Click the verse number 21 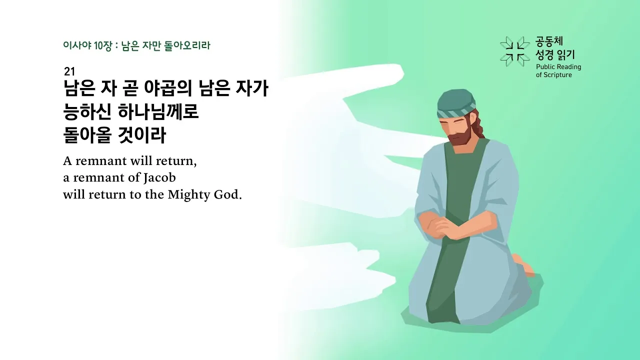[69, 71]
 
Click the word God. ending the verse [228, 194]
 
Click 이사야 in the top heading [74, 45]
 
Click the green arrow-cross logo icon [514, 51]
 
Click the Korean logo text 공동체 [549, 41]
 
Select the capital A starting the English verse [67, 162]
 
